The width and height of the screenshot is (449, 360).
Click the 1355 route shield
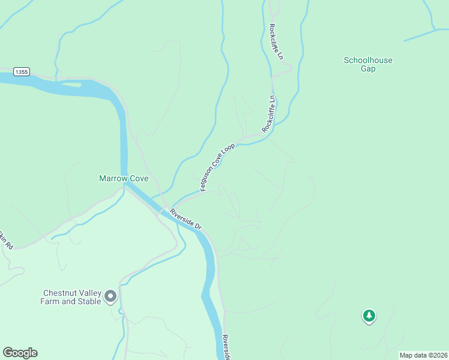click(22, 71)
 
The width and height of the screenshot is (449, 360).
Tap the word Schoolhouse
click(368, 60)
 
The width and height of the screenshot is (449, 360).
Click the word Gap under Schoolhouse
click(368, 68)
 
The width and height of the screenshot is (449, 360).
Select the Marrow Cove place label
click(124, 178)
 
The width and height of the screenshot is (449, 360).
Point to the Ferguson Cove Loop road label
click(217, 167)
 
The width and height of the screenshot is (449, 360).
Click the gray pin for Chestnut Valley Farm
click(110, 296)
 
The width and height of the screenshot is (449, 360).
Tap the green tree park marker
click(369, 316)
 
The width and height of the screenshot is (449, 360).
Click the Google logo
click(20, 352)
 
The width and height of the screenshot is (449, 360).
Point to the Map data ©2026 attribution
click(423, 355)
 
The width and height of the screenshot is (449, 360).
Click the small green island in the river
click(70, 85)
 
